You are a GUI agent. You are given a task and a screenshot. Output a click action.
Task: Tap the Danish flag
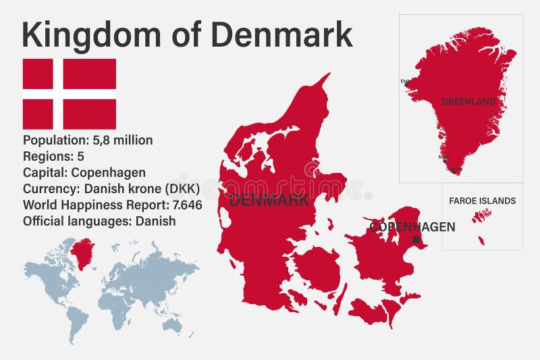[70, 94]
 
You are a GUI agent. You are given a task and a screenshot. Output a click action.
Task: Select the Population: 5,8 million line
[88, 140]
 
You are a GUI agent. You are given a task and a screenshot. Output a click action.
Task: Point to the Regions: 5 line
[53, 157]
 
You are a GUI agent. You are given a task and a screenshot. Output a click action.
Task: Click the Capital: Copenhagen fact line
[84, 172]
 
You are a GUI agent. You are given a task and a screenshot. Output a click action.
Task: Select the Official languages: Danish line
[99, 221]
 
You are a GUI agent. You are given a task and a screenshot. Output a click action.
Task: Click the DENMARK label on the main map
[269, 200]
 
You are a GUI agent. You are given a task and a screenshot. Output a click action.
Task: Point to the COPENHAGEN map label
[412, 227]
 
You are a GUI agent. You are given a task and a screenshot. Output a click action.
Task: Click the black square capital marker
[416, 240]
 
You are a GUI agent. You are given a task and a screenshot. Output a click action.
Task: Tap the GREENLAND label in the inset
[468, 102]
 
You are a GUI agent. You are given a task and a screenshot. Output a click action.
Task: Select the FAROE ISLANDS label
[483, 201]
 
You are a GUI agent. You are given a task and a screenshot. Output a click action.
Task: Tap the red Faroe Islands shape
[481, 216]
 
